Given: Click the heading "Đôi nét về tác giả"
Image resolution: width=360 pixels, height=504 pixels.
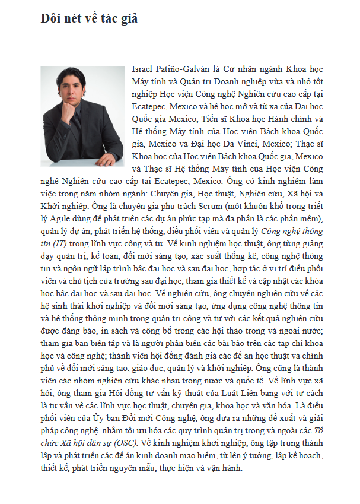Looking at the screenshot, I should (89, 19).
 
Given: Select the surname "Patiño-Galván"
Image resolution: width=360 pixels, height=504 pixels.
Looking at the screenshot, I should (184, 69).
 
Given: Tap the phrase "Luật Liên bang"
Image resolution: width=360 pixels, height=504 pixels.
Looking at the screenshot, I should (250, 393).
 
